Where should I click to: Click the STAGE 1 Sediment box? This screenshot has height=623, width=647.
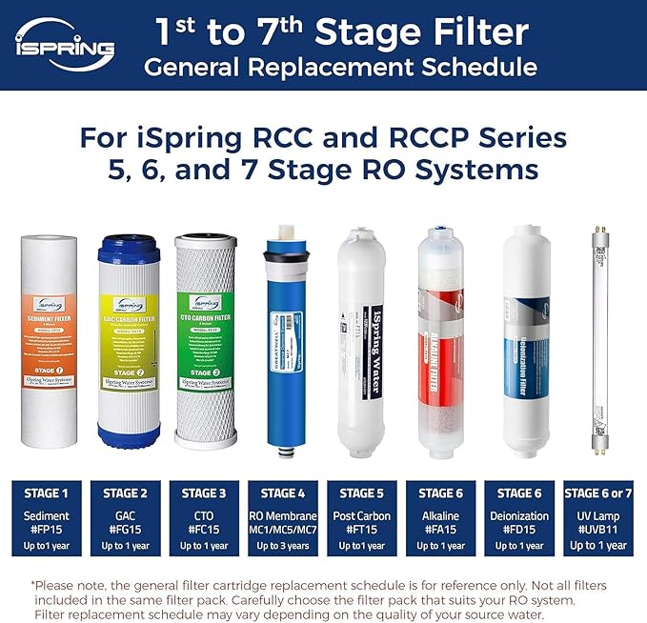click(46, 518)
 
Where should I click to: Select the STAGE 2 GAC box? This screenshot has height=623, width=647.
click(125, 518)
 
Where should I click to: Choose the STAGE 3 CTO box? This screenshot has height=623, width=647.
click(204, 518)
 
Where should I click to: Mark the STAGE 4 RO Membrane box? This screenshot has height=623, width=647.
click(282, 518)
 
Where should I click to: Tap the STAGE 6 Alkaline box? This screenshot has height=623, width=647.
click(439, 518)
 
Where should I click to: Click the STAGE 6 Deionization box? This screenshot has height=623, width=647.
click(518, 518)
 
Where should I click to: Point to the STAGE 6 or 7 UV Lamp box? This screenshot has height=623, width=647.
click(597, 518)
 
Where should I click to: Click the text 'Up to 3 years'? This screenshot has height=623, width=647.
click(282, 546)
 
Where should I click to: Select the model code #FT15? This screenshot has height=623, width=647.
click(360, 531)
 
